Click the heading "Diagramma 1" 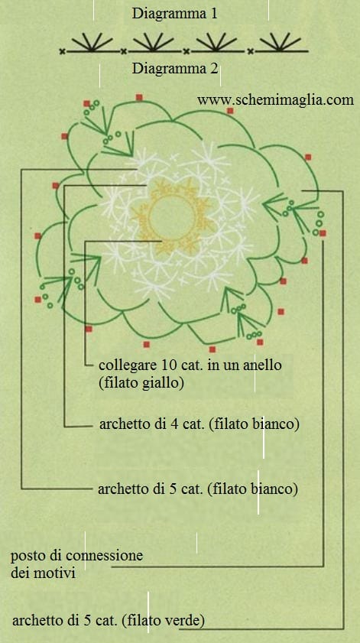click(174, 14)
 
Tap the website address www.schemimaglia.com click(275, 100)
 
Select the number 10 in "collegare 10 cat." click(171, 364)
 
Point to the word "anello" click(261, 364)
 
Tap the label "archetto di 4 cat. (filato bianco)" click(199, 424)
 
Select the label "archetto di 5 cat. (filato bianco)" click(198, 489)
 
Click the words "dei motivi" click(43, 573)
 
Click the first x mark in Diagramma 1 click(62, 52)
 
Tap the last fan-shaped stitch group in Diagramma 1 click(280, 42)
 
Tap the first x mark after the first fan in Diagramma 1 click(123, 52)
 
